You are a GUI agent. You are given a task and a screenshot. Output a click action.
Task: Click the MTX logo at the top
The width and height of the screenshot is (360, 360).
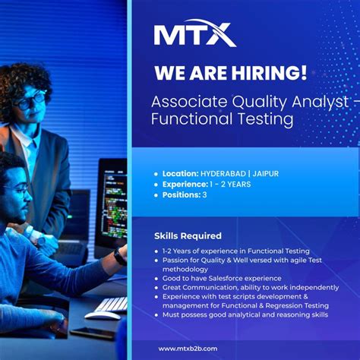[x=194, y=33]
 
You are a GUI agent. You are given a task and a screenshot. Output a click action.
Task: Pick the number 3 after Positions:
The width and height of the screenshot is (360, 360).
[x=204, y=194]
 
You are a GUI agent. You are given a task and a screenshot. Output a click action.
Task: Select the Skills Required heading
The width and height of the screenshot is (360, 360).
[x=188, y=235]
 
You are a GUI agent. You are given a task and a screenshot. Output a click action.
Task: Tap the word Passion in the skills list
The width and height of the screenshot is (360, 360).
[x=176, y=260]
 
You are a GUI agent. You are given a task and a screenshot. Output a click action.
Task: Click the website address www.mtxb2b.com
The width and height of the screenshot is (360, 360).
[x=188, y=348]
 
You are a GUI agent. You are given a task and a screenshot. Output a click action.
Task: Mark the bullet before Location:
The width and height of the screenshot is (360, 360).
[x=156, y=174]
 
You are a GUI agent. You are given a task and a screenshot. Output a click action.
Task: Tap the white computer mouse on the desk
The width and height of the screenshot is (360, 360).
[x=101, y=315]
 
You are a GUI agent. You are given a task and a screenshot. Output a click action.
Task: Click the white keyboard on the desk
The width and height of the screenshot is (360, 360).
[x=112, y=303]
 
